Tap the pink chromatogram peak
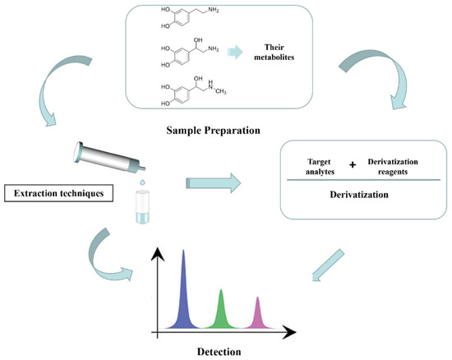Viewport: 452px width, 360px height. point(259,316)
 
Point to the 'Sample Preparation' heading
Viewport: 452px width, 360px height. point(214,128)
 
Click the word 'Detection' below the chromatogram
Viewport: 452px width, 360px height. point(219,350)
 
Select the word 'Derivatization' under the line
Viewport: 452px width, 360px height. point(360,196)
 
